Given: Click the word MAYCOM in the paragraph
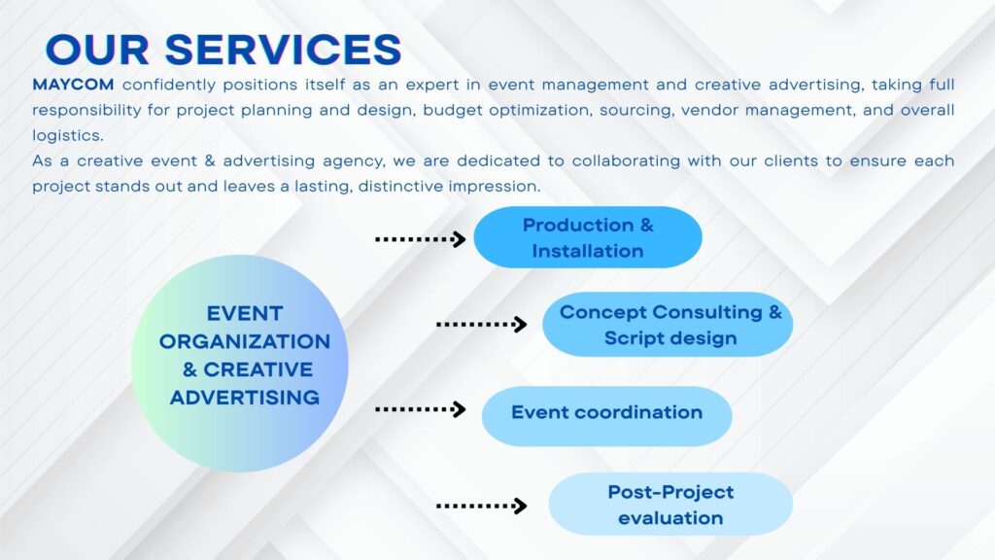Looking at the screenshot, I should tap(72, 85).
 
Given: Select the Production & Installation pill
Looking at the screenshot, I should tap(588, 237).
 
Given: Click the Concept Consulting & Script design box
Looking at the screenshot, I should tap(668, 325).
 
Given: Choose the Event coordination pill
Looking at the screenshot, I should tap(606, 412).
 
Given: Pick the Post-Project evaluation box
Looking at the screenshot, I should tap(670, 505).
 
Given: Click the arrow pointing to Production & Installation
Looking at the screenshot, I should tap(421, 238).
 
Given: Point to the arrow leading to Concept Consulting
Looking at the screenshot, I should tap(481, 324).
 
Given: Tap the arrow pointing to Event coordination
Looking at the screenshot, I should tap(421, 409).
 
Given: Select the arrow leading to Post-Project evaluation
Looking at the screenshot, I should tap(481, 506).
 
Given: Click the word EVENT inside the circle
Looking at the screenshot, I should tap(245, 313).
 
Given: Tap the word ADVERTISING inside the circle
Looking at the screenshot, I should tap(245, 397).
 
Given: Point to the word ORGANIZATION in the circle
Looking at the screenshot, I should tap(245, 341).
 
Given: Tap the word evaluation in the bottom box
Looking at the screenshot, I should tap(670, 517).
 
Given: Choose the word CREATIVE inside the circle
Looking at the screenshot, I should tap(257, 369).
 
